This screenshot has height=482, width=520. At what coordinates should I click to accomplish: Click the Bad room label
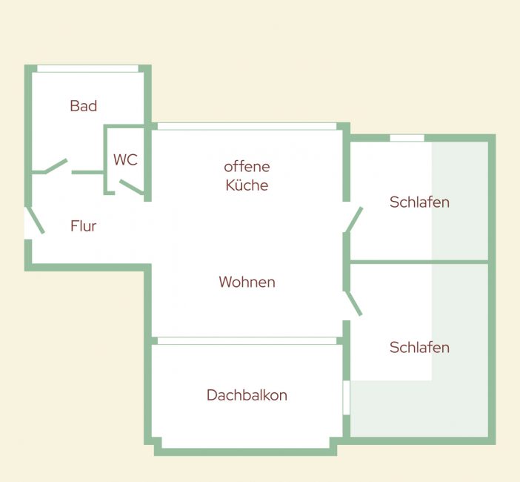pos(84,106)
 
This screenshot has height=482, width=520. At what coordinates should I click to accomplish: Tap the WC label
pos(125,159)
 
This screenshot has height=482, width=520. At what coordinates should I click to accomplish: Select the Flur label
pos(83,226)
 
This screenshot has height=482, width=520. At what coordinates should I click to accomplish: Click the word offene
pos(247,167)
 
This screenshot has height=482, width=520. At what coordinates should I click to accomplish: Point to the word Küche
pos(247,185)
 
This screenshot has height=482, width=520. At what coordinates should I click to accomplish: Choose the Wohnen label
pos(247,282)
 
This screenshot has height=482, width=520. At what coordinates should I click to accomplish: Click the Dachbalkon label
pos(247,395)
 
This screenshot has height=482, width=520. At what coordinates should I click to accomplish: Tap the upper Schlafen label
pos(419,202)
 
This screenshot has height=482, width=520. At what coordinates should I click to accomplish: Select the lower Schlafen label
pos(419,348)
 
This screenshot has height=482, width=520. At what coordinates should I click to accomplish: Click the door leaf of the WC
pos(132,187)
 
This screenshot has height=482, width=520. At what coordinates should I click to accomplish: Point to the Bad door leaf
pos(56,166)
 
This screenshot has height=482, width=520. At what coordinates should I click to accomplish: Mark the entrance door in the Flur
pos(35,220)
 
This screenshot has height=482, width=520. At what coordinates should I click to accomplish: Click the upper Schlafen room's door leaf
pos(354,219)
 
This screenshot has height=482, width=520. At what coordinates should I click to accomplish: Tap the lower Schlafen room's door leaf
pos(353,303)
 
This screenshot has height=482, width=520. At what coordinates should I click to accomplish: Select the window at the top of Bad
pos(87,69)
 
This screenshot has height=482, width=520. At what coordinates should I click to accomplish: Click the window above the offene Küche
pos(247,126)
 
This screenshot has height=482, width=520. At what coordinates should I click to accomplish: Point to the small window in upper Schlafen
pos(407,138)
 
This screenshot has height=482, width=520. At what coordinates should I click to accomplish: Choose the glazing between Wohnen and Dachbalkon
pos(247,341)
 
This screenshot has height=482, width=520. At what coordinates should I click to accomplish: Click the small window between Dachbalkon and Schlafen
pos(346,397)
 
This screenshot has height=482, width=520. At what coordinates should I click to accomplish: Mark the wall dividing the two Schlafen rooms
pos(419,263)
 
